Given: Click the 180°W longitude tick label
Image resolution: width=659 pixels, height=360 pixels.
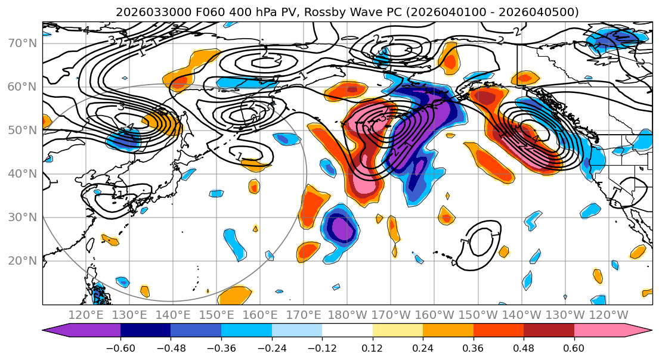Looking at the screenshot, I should click(348, 315).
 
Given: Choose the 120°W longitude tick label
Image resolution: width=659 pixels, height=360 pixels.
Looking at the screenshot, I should click(608, 315).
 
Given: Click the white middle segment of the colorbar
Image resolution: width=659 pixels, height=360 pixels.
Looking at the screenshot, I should click(347, 331).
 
